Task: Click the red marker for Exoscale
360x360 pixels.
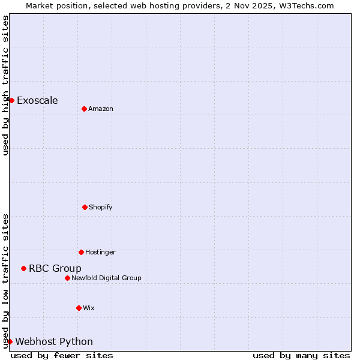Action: coord(11,100)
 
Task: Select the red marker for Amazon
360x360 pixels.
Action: coord(84,109)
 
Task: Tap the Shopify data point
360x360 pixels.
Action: coord(85,207)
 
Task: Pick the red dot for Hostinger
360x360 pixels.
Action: coord(81,252)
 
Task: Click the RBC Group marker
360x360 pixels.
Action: coord(23,268)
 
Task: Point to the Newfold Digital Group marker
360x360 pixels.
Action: coord(67,278)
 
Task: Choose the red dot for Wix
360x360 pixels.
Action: coord(79,308)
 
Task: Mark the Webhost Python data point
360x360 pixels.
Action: coord(10,341)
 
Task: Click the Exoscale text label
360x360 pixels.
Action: coord(37,100)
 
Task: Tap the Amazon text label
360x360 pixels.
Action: coord(101,109)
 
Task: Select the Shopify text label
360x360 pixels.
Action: coord(101,207)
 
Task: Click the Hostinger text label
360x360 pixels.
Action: coord(100,252)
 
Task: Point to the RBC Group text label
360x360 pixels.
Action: coord(55,268)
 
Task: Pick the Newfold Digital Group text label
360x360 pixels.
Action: coord(106,278)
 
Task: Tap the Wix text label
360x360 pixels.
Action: coord(89,308)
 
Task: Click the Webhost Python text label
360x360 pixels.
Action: coord(54,341)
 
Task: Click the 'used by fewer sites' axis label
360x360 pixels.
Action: coord(62,355)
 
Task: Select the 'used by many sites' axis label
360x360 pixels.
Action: coord(301,355)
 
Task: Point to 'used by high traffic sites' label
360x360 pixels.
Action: coord(5,85)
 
